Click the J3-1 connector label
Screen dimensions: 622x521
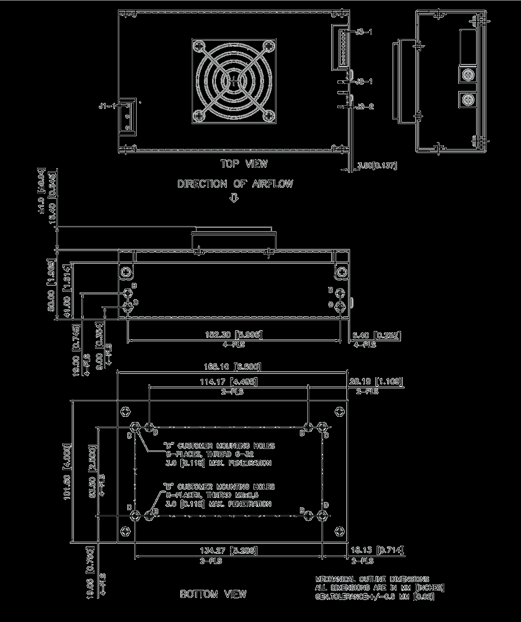(x=364, y=32)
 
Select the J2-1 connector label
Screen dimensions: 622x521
(x=364, y=82)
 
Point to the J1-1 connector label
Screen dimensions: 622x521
(x=108, y=106)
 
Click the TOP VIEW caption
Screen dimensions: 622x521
(x=244, y=164)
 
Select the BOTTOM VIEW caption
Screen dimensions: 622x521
(x=213, y=594)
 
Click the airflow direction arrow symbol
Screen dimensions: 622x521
(x=234, y=198)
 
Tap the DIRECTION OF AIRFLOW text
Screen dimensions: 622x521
(x=235, y=184)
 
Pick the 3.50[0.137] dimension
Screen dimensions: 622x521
(x=377, y=166)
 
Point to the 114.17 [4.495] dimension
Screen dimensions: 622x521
(x=228, y=382)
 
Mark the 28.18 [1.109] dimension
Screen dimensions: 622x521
(x=376, y=382)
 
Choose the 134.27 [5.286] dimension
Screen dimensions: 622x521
(x=228, y=551)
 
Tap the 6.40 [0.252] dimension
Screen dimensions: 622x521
(x=376, y=335)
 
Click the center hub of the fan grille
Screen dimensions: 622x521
(x=234, y=81)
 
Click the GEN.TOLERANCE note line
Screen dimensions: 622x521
(x=375, y=597)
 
